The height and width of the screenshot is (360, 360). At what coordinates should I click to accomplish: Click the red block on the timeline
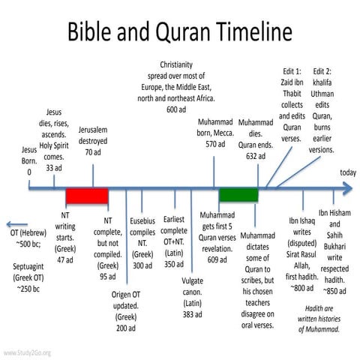point(86,196)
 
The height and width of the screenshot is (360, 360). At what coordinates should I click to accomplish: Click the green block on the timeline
point(238,196)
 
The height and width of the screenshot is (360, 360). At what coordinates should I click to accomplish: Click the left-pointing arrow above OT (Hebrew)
point(16,223)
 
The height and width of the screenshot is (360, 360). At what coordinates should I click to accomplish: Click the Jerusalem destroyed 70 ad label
point(93,140)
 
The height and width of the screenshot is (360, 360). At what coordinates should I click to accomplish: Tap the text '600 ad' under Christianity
point(176,109)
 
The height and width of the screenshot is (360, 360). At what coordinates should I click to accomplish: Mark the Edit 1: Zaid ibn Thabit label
point(289,104)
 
